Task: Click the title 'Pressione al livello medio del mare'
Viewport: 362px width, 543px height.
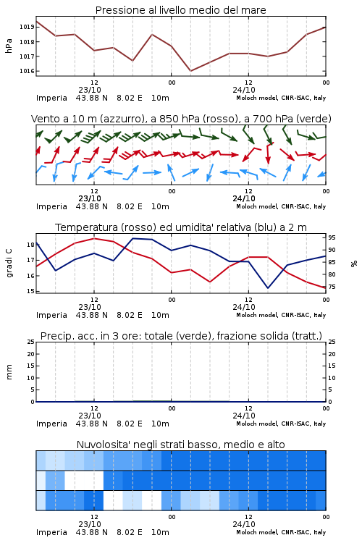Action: click(x=180, y=10)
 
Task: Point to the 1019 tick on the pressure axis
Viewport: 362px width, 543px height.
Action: click(x=26, y=27)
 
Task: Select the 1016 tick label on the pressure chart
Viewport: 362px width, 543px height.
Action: click(x=26, y=71)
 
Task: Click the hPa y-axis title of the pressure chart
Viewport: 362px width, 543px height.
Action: click(x=9, y=46)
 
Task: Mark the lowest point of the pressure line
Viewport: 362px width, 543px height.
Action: click(x=190, y=71)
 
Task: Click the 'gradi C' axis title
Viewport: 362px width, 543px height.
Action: click(x=9, y=263)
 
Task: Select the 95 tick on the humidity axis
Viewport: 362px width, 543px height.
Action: click(x=332, y=237)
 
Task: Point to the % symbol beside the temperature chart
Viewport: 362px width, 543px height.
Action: click(x=354, y=264)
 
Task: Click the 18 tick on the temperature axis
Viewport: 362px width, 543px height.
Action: click(x=30, y=245)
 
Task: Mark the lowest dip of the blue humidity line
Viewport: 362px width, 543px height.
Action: click(x=268, y=288)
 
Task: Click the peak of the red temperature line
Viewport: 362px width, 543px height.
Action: click(x=94, y=238)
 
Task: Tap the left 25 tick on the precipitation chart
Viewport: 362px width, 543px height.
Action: click(x=30, y=342)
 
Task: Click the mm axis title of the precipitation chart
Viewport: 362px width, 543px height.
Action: click(x=9, y=372)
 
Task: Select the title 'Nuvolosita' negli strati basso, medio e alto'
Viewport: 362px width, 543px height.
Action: click(x=180, y=445)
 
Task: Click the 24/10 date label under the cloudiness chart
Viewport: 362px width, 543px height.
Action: click(x=244, y=524)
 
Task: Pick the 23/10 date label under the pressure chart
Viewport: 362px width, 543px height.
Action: click(x=90, y=90)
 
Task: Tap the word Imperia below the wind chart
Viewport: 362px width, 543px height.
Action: click(x=51, y=206)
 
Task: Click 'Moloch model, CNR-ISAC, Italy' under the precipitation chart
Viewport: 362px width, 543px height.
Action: click(x=281, y=424)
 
